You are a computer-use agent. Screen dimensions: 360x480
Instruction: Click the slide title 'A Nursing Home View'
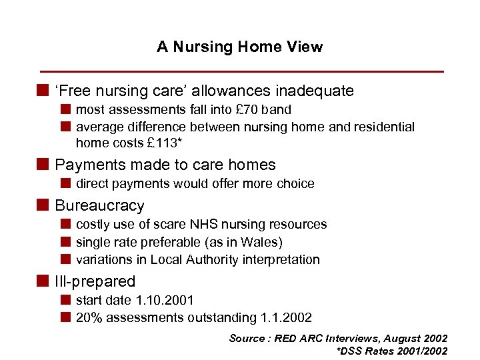coord(239,47)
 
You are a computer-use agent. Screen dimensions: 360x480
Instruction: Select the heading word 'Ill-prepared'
coord(95,281)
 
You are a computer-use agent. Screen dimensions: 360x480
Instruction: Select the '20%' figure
coord(89,318)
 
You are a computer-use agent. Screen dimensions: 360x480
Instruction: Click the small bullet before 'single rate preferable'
coord(66,242)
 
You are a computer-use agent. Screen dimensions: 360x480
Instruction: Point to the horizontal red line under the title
coord(241,71)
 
